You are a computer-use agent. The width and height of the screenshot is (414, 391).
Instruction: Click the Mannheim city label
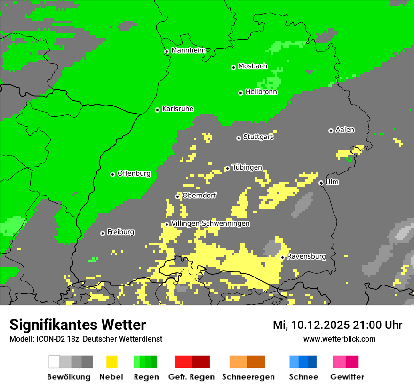(189, 50)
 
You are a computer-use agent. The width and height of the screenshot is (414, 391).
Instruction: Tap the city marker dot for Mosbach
(233, 67)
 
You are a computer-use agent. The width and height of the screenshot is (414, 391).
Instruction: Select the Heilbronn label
(261, 92)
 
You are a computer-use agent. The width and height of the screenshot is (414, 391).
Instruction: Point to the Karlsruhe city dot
(158, 110)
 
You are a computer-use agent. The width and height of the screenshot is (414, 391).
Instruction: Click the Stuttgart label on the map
(258, 137)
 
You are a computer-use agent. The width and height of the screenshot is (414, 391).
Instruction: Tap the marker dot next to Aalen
(331, 130)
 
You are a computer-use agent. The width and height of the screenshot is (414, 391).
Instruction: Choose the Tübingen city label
(247, 167)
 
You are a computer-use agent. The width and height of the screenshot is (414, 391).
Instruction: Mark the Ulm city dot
(321, 183)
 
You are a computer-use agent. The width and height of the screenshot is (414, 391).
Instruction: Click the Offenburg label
(134, 173)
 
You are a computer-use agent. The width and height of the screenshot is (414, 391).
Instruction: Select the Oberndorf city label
(199, 195)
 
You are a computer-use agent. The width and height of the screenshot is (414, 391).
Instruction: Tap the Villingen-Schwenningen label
(210, 223)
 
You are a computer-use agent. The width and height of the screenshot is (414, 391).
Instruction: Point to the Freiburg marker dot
(103, 233)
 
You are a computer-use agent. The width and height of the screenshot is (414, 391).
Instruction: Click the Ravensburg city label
(306, 256)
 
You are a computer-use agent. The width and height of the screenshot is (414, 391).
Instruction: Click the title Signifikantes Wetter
(78, 325)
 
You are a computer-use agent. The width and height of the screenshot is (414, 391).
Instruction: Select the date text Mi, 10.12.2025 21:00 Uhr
(337, 325)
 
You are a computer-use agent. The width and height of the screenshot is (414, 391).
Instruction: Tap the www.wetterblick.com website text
(339, 339)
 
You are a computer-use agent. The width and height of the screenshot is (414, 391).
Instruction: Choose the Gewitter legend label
(347, 377)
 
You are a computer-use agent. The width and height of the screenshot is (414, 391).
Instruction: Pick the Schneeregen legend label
(248, 377)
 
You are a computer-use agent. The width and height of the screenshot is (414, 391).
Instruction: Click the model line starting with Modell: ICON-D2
(86, 339)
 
